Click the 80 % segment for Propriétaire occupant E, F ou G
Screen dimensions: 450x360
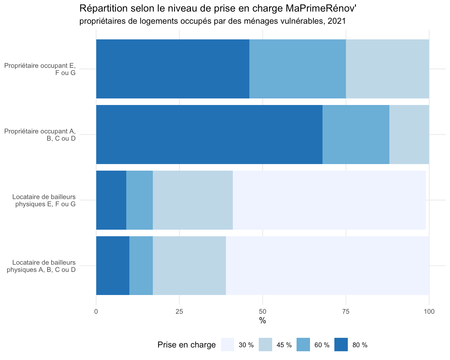tap(173, 69)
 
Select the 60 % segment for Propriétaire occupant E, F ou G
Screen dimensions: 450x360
tap(297, 69)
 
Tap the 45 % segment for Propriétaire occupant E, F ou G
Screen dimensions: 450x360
tap(387, 69)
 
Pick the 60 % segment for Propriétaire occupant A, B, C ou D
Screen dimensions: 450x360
tap(356, 134)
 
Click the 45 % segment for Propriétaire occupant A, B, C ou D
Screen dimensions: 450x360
tap(409, 134)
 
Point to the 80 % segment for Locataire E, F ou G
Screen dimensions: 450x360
tap(111, 200)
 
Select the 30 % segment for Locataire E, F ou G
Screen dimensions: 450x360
tap(329, 200)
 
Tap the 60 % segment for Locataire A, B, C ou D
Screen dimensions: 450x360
tap(141, 266)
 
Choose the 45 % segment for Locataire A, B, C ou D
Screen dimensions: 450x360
tap(189, 266)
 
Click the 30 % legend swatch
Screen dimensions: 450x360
tap(227, 344)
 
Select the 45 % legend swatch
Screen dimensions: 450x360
tap(265, 344)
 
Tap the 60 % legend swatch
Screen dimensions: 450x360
tap(303, 344)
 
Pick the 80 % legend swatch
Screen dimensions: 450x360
tap(341, 344)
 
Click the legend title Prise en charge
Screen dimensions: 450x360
tap(187, 345)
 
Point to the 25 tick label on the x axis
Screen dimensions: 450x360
tap(179, 312)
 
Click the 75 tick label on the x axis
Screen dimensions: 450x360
tap(346, 312)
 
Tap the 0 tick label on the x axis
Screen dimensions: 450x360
tap(96, 312)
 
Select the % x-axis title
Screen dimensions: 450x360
tap(262, 320)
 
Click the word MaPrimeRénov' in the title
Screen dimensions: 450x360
tap(321, 8)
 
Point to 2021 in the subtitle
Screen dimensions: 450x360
tap(337, 21)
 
